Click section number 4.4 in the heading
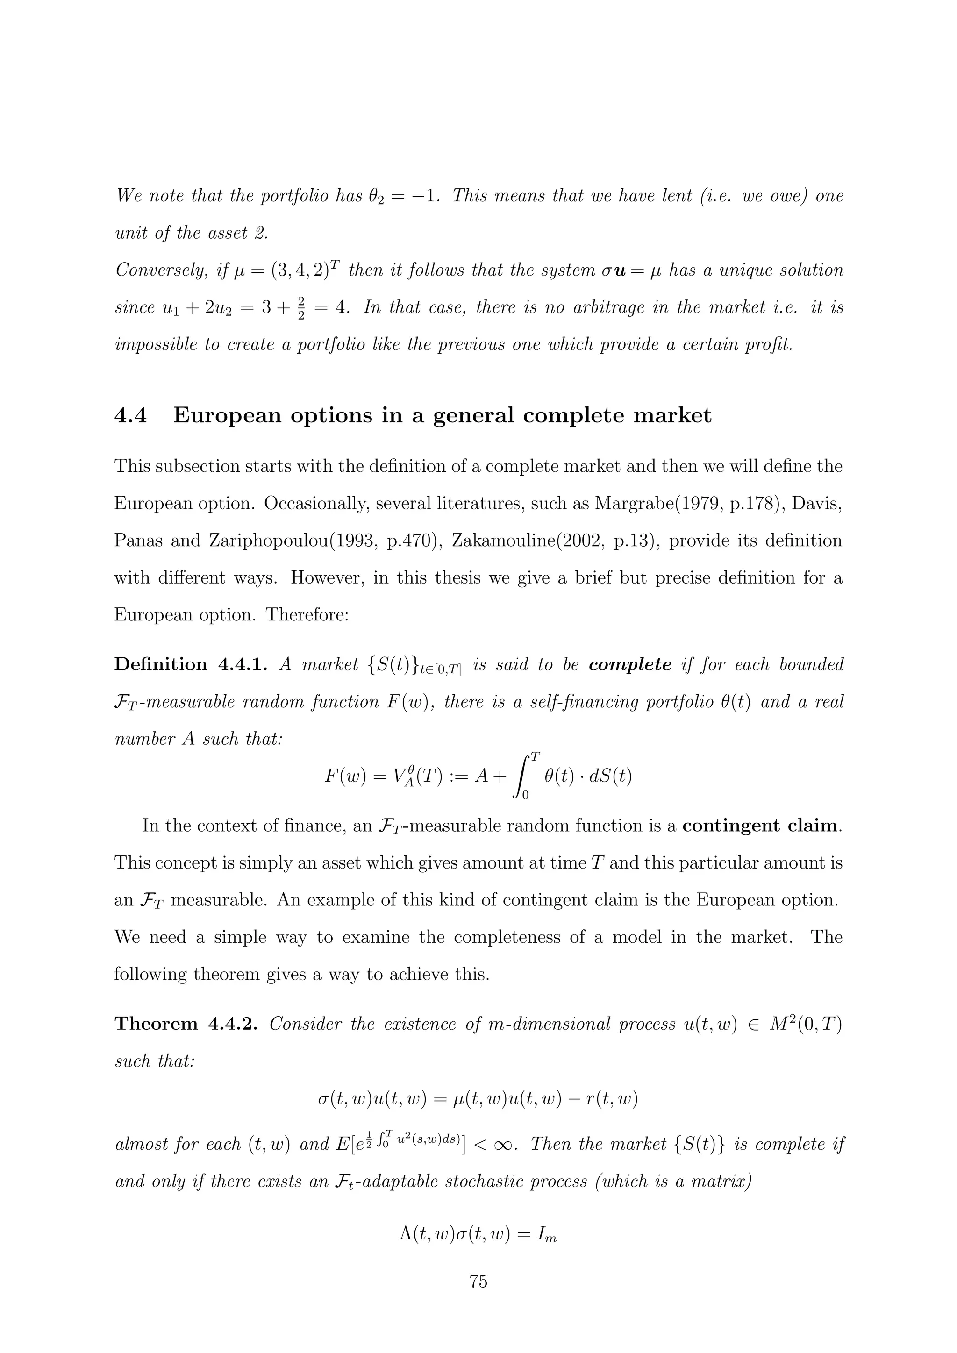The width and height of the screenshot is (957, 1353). (130, 416)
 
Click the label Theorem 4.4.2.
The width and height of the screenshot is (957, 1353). (186, 1024)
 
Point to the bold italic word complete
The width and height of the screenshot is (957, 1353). (630, 665)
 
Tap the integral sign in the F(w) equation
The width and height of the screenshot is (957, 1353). (521, 776)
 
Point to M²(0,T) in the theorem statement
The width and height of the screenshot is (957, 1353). (804, 1024)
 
